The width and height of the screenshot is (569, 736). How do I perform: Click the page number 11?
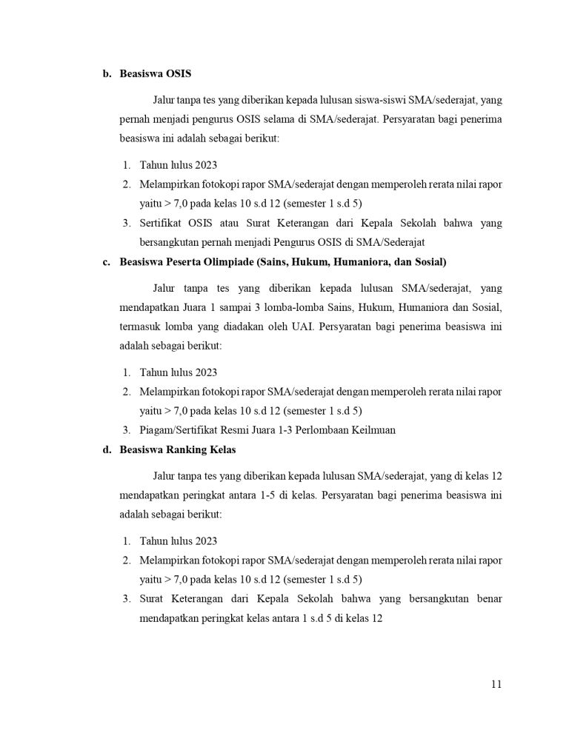pos(496,684)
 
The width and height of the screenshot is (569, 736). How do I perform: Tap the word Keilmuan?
pos(373,429)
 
